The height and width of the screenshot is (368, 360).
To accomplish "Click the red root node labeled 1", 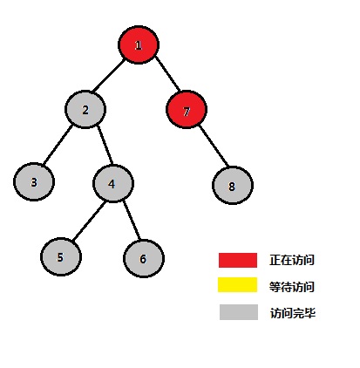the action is [139, 44].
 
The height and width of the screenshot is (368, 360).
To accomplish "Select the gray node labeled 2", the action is [85, 110].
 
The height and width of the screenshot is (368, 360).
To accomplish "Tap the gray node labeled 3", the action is [34, 182].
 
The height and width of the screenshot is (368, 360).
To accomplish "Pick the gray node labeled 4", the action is [113, 183].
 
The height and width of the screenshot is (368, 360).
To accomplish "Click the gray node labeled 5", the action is [61, 257].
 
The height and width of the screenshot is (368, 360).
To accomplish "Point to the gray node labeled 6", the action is [144, 258].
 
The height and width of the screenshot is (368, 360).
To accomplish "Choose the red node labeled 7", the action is [187, 110].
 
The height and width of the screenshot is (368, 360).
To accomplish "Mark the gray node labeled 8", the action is [233, 186].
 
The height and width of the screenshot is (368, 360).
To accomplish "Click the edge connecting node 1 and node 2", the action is [108, 75].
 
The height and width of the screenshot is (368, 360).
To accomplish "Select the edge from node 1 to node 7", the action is [167, 73].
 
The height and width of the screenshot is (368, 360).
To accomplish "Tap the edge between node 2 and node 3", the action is [58, 145].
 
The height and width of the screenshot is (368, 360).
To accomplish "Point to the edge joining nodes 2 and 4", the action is [105, 145].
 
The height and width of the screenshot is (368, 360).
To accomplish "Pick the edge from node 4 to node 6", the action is [132, 221].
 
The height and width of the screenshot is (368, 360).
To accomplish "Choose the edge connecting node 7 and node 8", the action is [214, 147].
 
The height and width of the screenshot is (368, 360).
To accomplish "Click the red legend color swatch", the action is [238, 260].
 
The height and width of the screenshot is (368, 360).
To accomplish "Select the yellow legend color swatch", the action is [238, 284].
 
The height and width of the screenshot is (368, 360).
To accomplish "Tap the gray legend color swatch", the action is [239, 312].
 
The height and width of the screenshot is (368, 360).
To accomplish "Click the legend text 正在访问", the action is [292, 260].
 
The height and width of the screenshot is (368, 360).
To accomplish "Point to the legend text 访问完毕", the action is [293, 313].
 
